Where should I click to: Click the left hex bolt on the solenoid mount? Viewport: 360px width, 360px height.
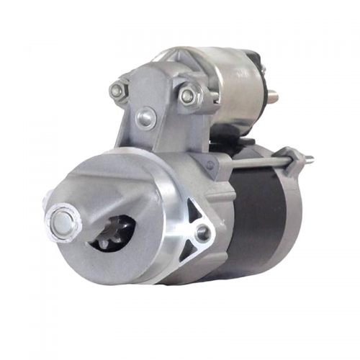117,91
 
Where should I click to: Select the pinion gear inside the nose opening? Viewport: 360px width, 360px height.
115,232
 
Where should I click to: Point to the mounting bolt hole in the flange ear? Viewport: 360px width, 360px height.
204,232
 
